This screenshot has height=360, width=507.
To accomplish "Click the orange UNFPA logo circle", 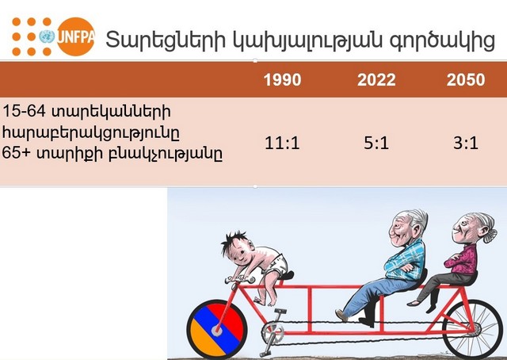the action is click(76, 36).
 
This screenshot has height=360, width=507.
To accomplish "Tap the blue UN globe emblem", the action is click(47, 36).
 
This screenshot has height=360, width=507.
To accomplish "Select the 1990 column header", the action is click(282, 79).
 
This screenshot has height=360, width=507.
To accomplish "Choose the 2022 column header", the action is click(376, 79).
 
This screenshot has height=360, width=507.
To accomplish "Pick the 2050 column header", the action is click(466, 79).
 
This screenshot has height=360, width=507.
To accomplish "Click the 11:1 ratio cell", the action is click(282, 143).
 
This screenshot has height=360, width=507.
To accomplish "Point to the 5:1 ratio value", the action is click(376, 143).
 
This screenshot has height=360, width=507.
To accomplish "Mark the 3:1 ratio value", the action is click(466, 143).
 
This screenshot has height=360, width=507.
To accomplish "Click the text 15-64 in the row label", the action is click(24, 111).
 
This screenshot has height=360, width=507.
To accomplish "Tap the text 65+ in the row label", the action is click(16, 153).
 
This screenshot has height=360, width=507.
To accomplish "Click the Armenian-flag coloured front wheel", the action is click(217, 330).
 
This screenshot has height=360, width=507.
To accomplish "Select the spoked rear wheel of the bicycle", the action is click(472, 329).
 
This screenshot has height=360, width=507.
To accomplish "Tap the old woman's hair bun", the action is click(490, 236).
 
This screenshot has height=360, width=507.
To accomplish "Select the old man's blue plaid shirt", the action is click(405, 261).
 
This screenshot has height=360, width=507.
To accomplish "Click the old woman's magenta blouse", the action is click(462, 260).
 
